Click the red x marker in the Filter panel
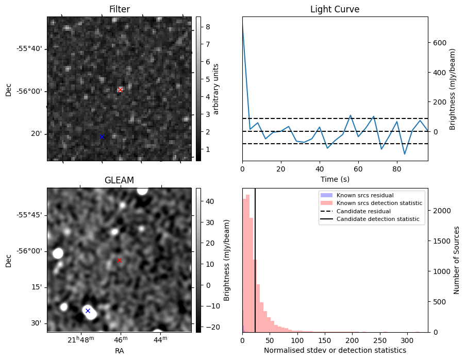tap(120, 90)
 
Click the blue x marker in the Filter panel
tap(102, 136)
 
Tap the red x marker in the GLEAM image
tap(119, 261)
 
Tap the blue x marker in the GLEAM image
tap(88, 311)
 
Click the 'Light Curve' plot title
tap(335, 9)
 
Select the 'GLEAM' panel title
tap(119, 180)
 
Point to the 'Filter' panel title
tap(119, 9)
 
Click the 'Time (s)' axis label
tap(335, 179)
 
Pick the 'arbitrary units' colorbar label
tap(216, 89)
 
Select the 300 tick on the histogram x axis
tap(407, 340)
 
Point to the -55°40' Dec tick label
tap(29, 49)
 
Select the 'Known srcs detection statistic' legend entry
tap(379, 203)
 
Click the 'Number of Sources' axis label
tap(457, 260)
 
